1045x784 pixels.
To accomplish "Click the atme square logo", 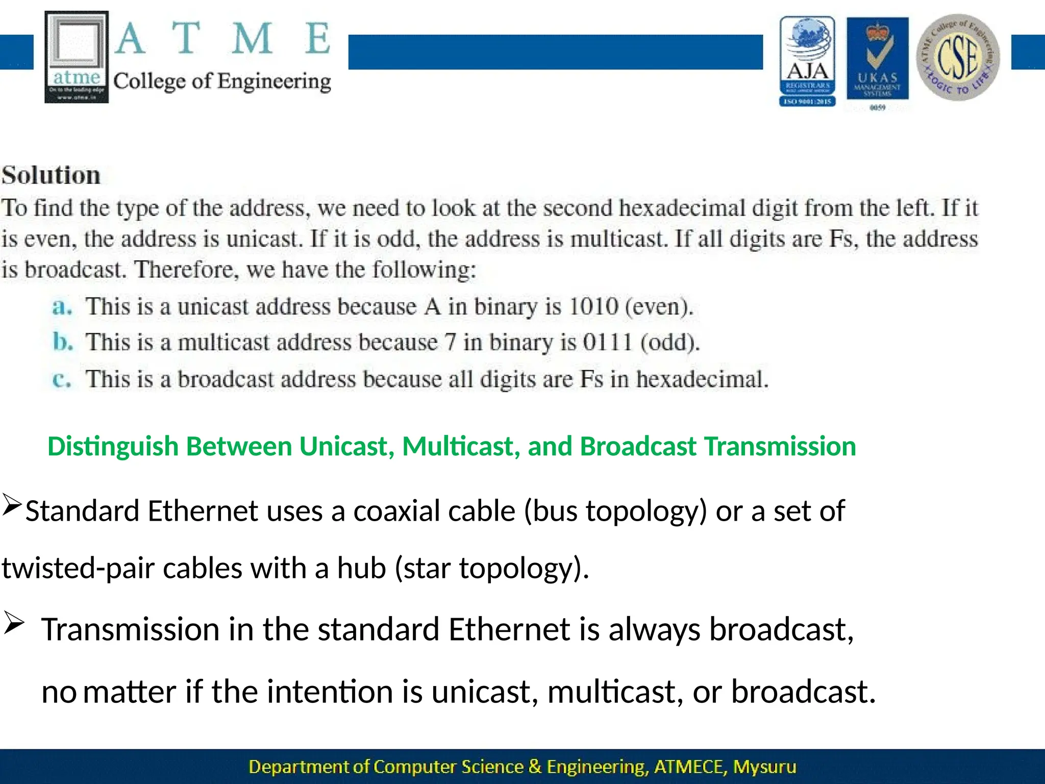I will tap(77, 57).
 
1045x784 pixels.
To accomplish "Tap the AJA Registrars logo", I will tap(807, 61).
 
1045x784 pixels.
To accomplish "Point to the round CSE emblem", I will tap(958, 57).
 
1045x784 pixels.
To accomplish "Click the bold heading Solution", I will tap(51, 176).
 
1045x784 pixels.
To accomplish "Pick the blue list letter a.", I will tap(62, 307).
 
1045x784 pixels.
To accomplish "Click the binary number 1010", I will tap(593, 307).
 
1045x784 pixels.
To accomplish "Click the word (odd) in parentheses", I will tap(670, 342).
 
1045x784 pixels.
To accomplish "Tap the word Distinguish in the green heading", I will tap(113, 446).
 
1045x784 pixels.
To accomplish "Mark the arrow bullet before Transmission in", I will tap(13, 624).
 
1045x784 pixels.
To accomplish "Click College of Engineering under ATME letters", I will tap(222, 82).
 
